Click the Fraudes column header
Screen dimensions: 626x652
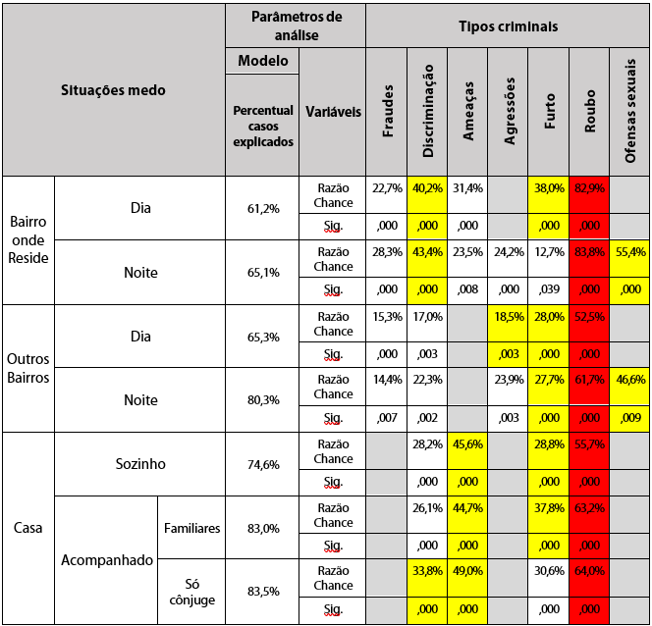click(387, 111)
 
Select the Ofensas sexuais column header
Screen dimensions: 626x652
click(629, 111)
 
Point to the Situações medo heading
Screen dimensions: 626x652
click(114, 90)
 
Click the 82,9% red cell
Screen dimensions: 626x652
click(589, 188)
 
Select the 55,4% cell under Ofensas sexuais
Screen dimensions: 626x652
click(629, 252)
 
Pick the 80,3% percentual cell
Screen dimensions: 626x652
click(263, 400)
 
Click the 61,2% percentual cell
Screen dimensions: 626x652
click(263, 209)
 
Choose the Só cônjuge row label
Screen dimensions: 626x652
click(191, 592)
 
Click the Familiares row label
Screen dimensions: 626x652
click(191, 528)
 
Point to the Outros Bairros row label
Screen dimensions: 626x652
click(28, 368)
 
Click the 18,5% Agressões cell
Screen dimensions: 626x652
click(509, 316)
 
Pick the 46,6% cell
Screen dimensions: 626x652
click(629, 380)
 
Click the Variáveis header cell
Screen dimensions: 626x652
click(332, 111)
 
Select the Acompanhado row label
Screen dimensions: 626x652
click(107, 560)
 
